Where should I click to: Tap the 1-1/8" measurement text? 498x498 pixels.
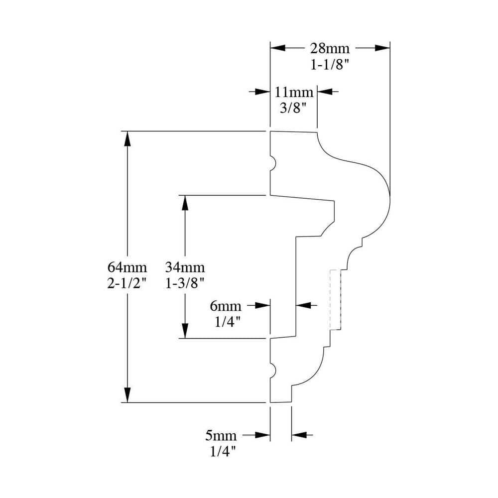pyautogui.click(x=330, y=65)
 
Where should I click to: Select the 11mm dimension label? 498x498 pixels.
pyautogui.click(x=294, y=92)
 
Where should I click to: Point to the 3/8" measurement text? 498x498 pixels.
pyautogui.click(x=292, y=108)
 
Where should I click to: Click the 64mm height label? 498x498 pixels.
pyautogui.click(x=127, y=267)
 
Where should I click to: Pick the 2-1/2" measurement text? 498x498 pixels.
pyautogui.click(x=127, y=283)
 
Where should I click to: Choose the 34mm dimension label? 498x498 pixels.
pyautogui.click(x=185, y=267)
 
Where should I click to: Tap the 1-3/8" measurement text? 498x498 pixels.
pyautogui.click(x=185, y=283)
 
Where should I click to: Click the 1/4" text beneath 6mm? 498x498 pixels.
pyautogui.click(x=228, y=322)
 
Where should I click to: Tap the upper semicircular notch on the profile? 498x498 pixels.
pyautogui.click(x=272, y=164)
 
